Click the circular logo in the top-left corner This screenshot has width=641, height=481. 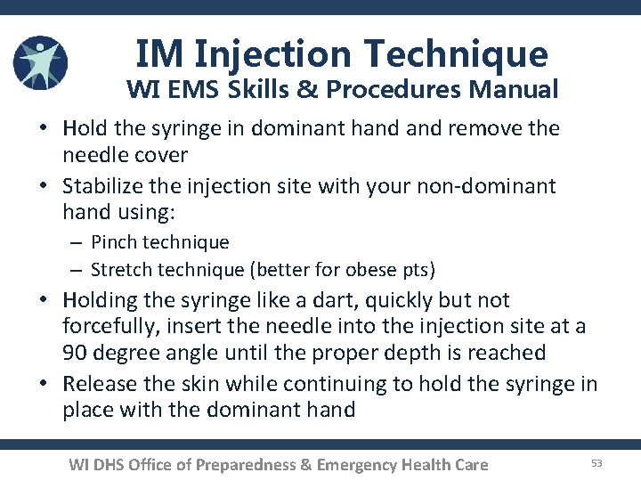click(x=40, y=63)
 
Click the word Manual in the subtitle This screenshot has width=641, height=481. click(x=515, y=90)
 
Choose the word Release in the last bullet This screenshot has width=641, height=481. click(x=100, y=384)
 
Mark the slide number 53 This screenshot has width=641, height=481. click(x=596, y=462)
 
